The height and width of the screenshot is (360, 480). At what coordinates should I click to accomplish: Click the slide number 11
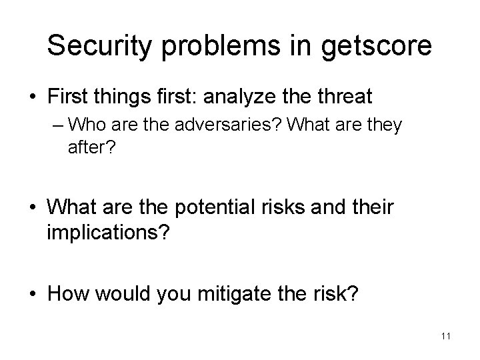point(445,336)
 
